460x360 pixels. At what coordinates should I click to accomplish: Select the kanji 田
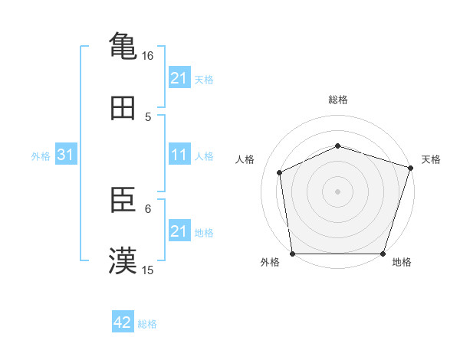point(123,109)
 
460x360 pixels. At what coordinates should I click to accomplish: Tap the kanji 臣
point(123,201)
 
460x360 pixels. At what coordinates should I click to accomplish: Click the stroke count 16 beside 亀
point(148,56)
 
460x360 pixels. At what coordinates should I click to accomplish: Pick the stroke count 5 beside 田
point(148,116)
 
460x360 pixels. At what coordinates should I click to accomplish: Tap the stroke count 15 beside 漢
point(148,270)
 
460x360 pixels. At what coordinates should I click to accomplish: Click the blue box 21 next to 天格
point(179,78)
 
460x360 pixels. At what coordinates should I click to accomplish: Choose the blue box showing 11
point(179,155)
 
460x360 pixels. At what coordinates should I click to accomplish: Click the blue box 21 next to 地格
point(179,231)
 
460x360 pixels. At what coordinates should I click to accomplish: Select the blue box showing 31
point(66,155)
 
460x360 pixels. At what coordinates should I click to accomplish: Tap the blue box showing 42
point(123,322)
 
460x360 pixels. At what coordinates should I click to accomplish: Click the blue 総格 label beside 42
point(147,323)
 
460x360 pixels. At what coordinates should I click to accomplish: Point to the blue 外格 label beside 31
point(41,155)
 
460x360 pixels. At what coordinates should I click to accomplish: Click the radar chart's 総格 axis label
point(337,100)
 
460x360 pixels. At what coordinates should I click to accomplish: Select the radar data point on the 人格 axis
point(279,172)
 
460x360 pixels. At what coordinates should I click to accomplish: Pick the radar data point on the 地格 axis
point(383,254)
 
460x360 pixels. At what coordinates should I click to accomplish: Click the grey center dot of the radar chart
point(337,191)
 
